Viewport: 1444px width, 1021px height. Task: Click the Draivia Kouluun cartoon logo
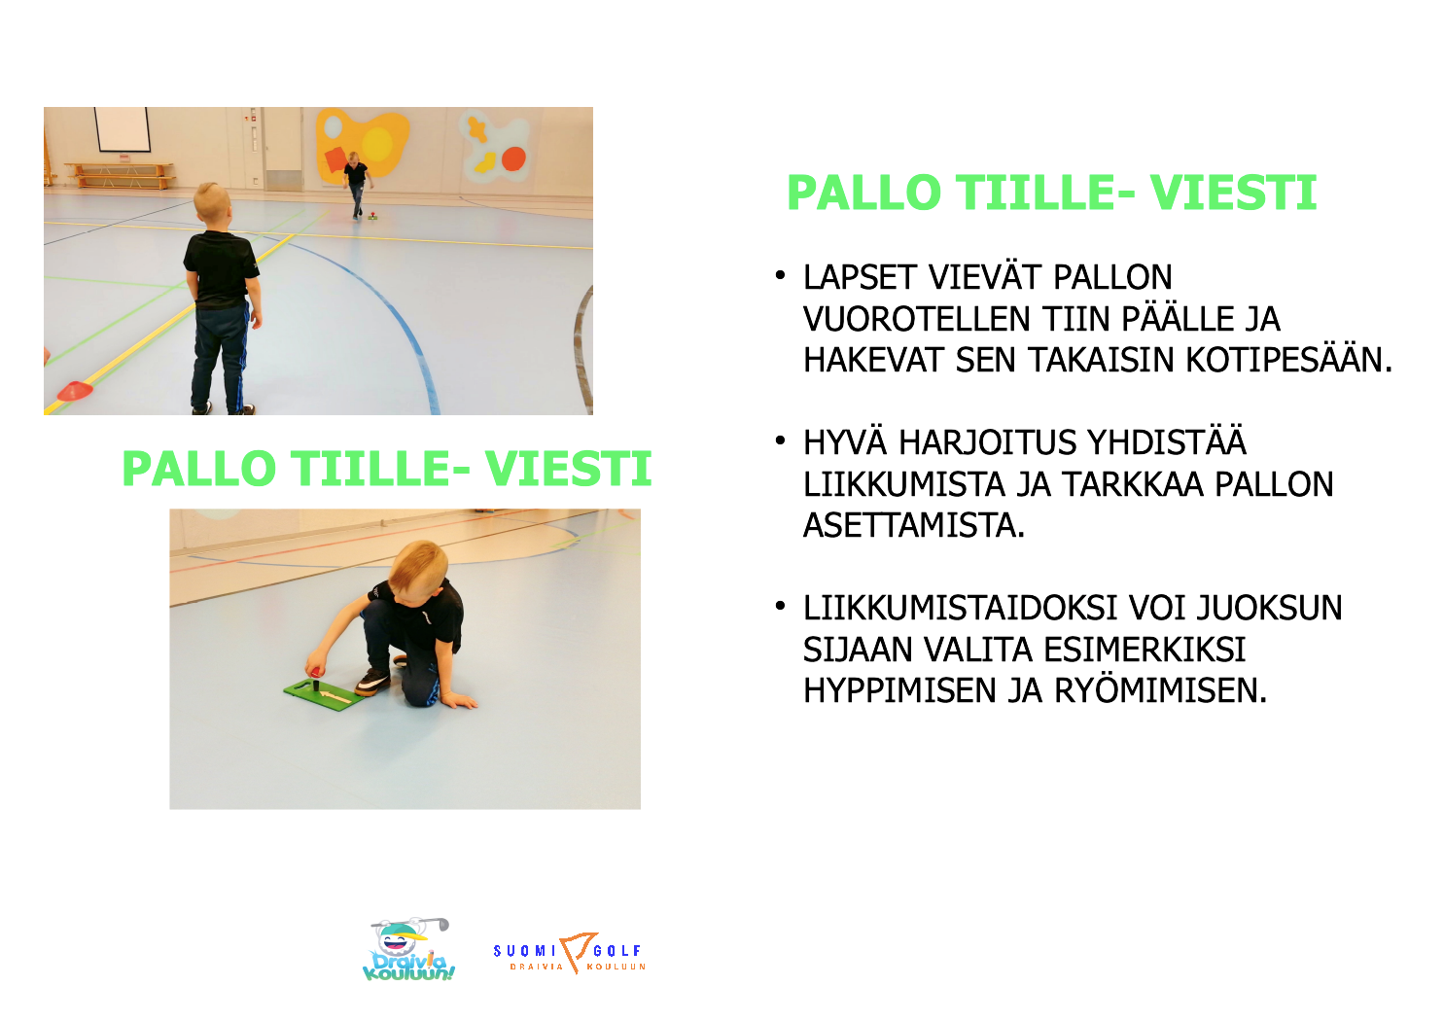(x=409, y=949)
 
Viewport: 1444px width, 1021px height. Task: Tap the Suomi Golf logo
(x=570, y=954)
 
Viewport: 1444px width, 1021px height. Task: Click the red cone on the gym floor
(x=75, y=391)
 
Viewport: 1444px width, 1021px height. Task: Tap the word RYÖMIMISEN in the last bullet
(x=1160, y=691)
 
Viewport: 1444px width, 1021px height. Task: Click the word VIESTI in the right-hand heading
(x=1233, y=193)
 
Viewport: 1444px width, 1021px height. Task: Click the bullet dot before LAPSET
(x=780, y=275)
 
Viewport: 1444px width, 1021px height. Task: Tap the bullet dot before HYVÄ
(x=780, y=440)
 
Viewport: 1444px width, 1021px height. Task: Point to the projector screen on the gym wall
(x=123, y=129)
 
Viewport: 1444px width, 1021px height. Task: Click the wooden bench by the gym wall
(x=120, y=175)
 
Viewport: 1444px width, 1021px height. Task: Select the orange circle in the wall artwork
(x=513, y=158)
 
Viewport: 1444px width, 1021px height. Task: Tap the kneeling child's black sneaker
(x=373, y=682)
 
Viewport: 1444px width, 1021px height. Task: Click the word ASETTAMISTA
(x=913, y=525)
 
